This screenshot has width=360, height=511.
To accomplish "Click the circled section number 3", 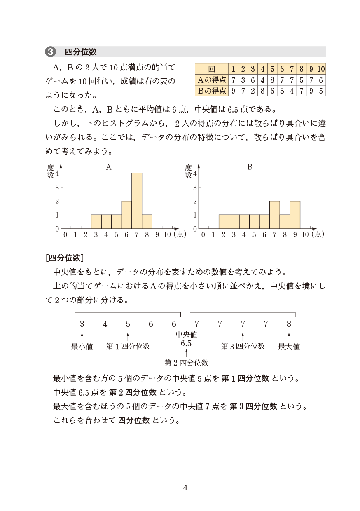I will (50, 52).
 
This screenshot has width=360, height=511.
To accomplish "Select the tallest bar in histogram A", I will (137, 201).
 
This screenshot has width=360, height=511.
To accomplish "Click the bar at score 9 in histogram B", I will (295, 214).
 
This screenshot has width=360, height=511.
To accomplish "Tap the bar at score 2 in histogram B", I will (224, 221).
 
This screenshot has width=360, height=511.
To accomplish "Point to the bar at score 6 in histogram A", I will (126, 214).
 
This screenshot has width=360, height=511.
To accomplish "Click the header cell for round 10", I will (321, 69).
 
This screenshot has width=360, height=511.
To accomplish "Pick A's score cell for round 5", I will (272, 80).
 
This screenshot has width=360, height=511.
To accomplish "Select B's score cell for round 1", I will (233, 91).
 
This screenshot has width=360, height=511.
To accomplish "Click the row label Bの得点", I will (212, 91).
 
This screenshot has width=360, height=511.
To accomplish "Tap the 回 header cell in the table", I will (212, 69).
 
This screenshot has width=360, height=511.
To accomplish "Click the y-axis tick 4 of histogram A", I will (57, 173).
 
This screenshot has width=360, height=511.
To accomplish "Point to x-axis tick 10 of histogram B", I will (305, 234).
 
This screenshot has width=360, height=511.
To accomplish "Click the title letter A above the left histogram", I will (108, 167).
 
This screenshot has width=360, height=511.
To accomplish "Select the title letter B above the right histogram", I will (250, 167).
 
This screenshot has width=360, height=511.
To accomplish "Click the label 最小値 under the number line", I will (82, 347).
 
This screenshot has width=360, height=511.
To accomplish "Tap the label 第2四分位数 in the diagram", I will (186, 363).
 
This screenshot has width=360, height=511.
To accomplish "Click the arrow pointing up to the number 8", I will (289, 336).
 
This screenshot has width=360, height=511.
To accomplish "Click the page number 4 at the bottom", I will (185, 488).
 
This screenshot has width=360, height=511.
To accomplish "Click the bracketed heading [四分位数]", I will (65, 258).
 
